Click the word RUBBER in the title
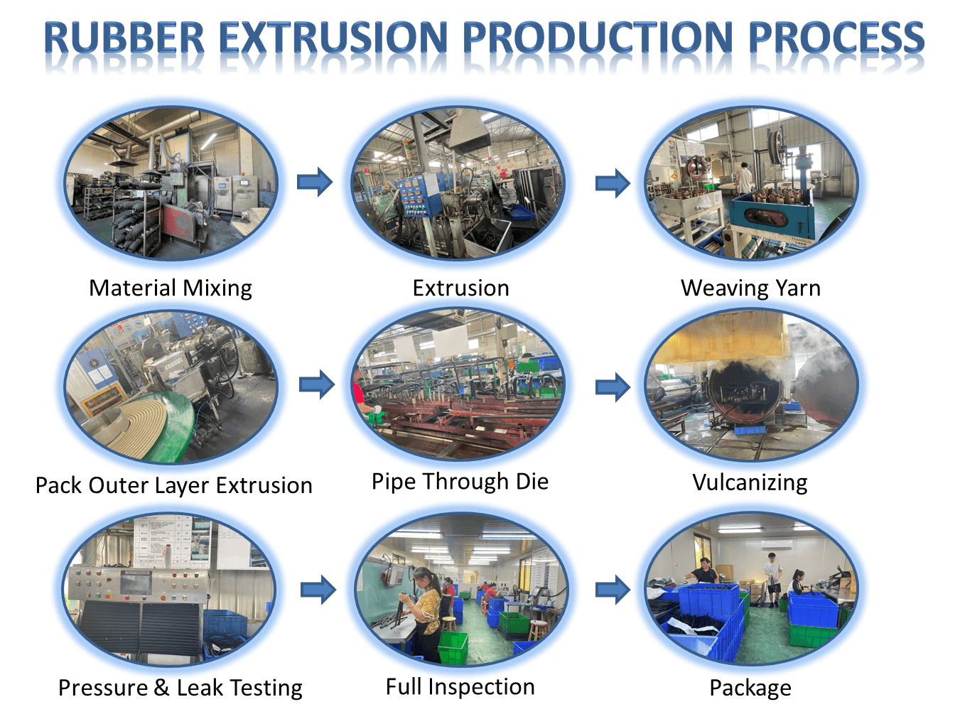[124, 38]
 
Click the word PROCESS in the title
[836, 38]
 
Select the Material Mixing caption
[171, 288]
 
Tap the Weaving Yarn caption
[750, 288]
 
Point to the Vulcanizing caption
[750, 483]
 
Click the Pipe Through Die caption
[460, 482]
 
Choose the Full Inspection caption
[460, 686]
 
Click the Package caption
[750, 688]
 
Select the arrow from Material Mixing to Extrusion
[315, 182]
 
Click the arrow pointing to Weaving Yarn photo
[613, 183]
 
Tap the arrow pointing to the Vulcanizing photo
[613, 386]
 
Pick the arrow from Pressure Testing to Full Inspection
[318, 590]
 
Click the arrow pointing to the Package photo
[613, 590]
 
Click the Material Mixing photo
[171, 183]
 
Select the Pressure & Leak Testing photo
[170, 590]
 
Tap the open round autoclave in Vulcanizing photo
[743, 389]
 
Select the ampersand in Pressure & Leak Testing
[161, 688]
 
